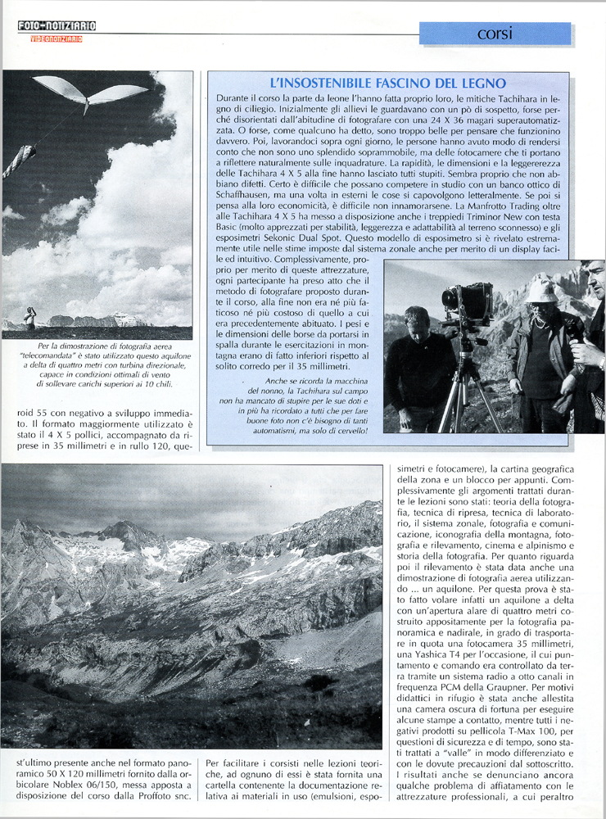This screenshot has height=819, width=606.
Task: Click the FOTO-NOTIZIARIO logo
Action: click(x=57, y=26)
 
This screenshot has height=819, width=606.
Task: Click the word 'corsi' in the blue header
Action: click(x=495, y=34)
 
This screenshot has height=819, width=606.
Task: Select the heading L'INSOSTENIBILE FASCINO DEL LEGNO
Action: click(x=387, y=84)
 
